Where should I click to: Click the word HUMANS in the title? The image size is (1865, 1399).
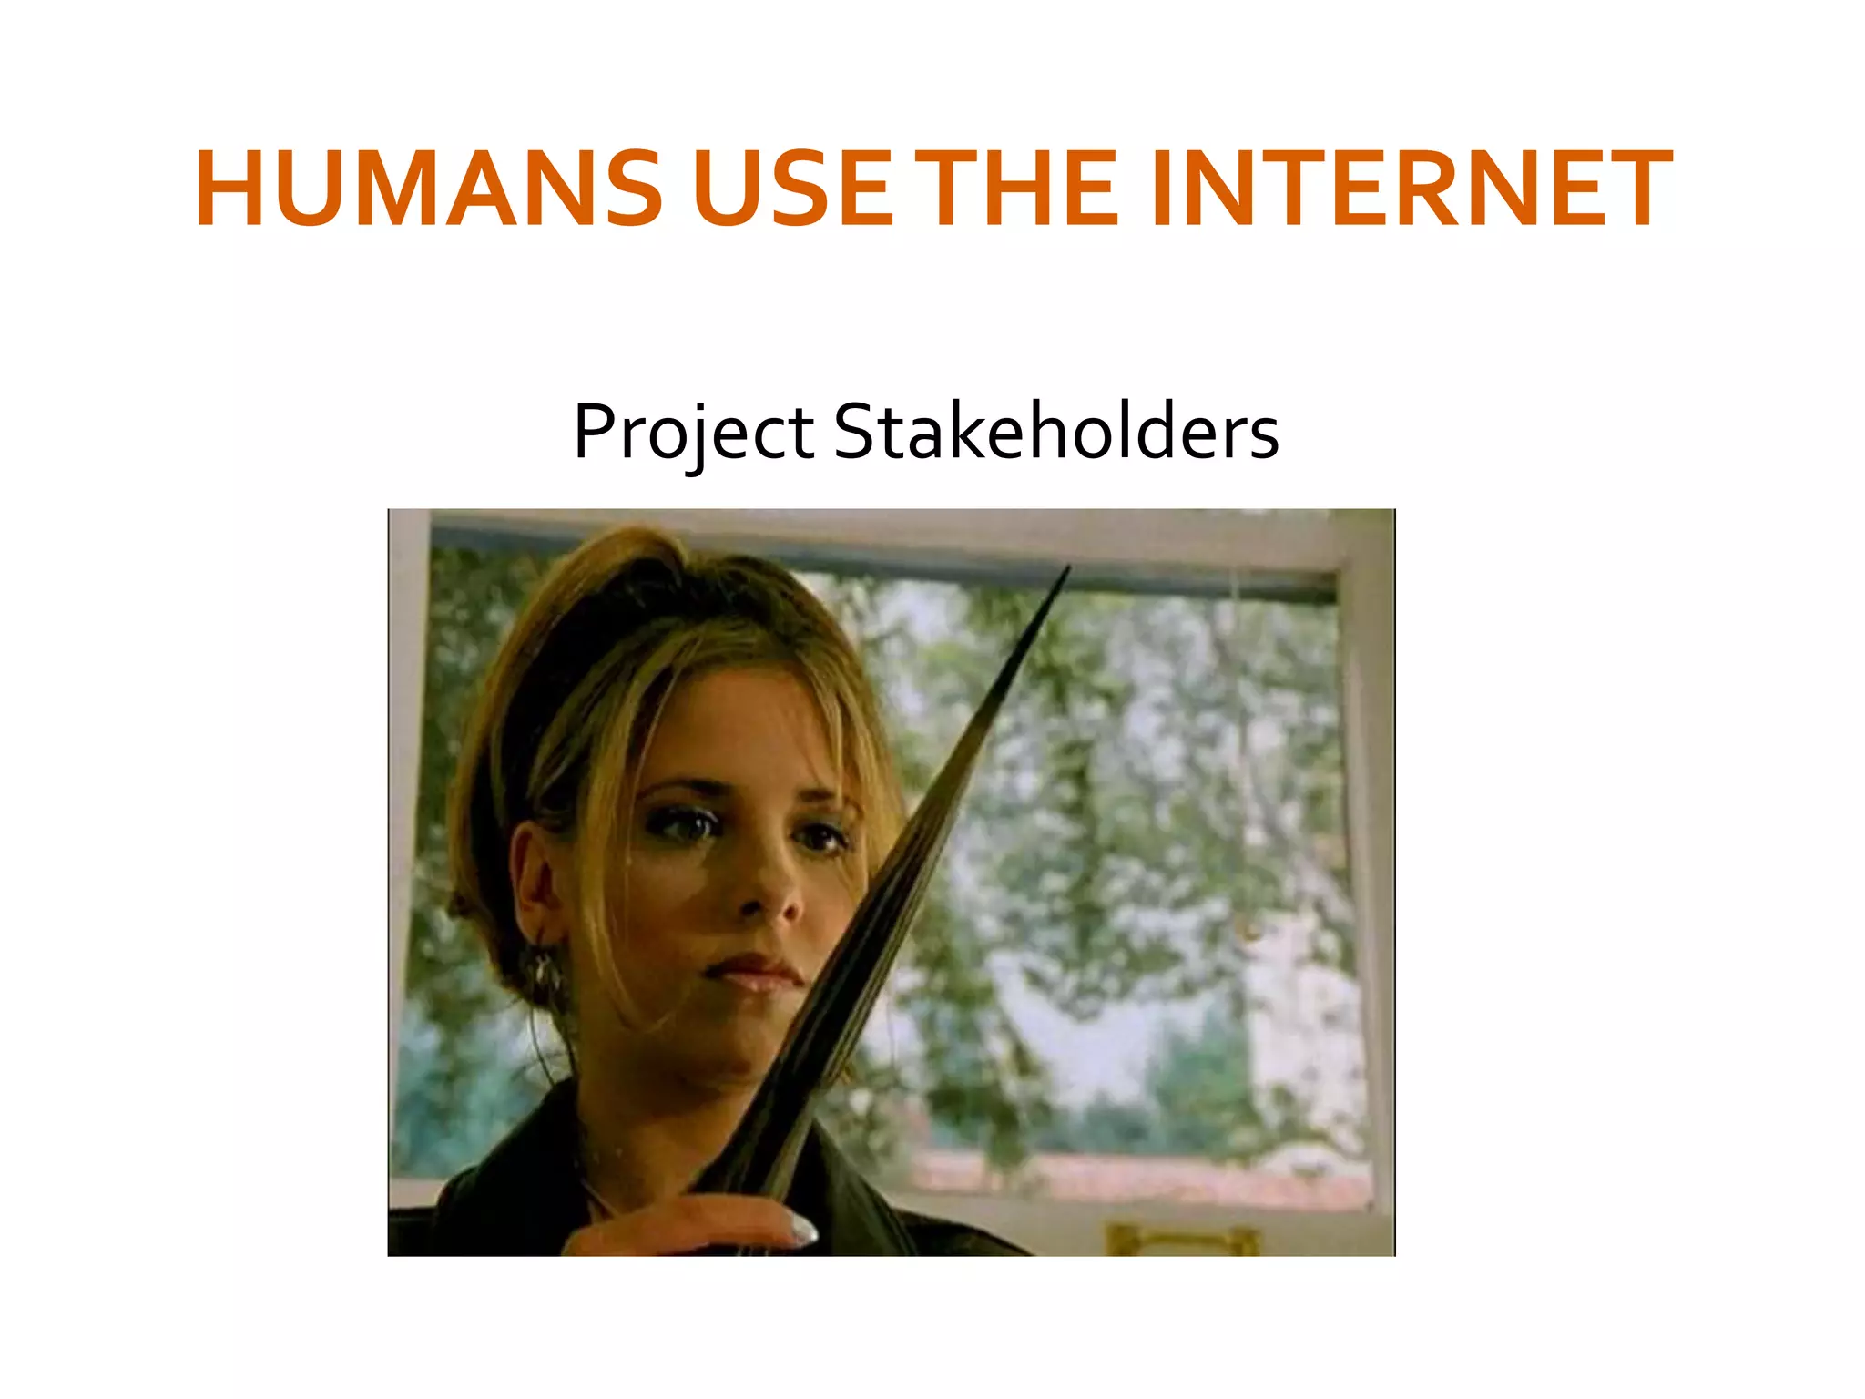click(x=428, y=189)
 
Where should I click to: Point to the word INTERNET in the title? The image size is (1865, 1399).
click(x=1411, y=189)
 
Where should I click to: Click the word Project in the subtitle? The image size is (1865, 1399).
click(x=693, y=432)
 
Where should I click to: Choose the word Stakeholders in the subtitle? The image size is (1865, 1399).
click(x=1056, y=432)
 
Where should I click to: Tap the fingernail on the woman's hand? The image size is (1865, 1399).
click(x=804, y=1233)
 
